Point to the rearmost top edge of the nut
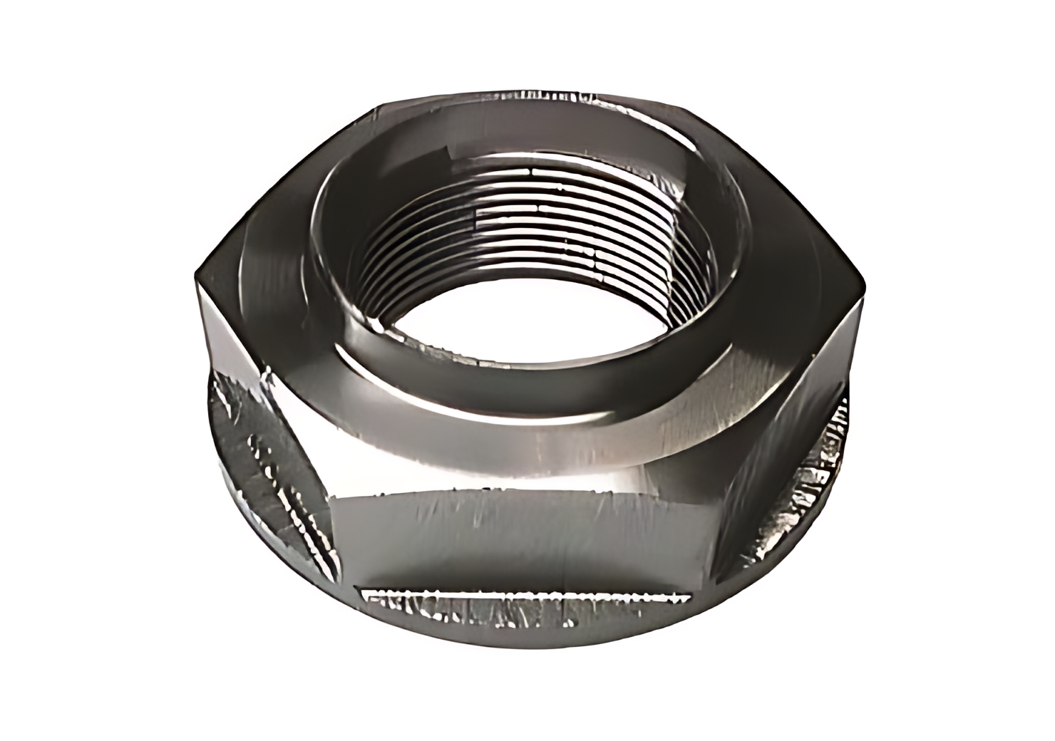[527, 96]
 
